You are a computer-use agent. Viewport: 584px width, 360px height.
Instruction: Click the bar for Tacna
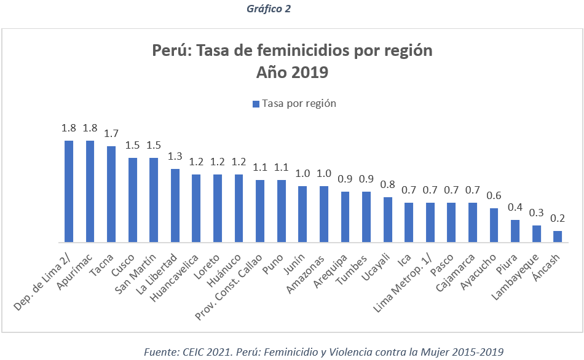point(111,194)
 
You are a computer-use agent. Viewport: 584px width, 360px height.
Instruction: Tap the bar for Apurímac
point(90,191)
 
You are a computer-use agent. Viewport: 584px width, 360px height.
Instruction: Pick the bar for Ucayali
point(388,219)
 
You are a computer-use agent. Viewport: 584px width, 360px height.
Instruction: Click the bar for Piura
point(515,231)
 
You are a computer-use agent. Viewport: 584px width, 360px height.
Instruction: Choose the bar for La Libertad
point(175,205)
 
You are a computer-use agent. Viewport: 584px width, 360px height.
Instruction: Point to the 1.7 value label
point(111,134)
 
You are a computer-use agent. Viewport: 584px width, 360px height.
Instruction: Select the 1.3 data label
point(175,156)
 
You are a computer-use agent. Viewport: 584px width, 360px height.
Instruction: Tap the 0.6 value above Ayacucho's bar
point(494,196)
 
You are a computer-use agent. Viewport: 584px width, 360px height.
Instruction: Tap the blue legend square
point(256,104)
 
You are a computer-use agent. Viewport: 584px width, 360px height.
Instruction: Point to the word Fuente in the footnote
point(159,352)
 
